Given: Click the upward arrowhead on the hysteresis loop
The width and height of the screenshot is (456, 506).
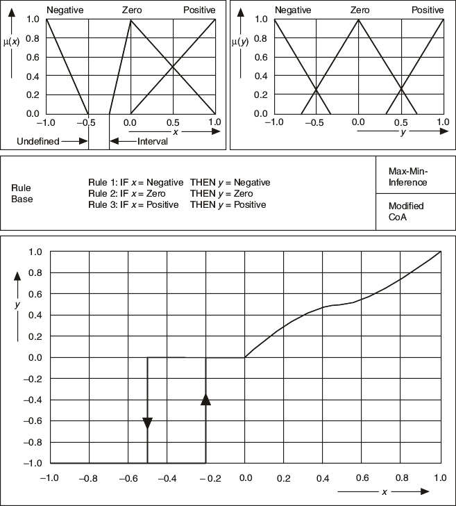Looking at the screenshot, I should [x=205, y=398].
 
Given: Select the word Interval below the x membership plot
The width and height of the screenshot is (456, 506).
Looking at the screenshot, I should [x=153, y=141].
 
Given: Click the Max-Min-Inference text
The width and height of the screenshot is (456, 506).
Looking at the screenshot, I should [x=408, y=177].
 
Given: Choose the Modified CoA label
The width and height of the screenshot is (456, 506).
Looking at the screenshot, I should [x=406, y=211].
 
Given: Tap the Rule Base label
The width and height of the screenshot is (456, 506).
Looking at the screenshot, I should [x=22, y=193].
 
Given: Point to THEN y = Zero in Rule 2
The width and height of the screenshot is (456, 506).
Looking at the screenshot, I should [x=221, y=194].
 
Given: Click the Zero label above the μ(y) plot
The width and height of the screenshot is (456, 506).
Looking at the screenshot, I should [x=360, y=10].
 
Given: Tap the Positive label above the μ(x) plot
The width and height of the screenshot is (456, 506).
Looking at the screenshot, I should [x=200, y=10].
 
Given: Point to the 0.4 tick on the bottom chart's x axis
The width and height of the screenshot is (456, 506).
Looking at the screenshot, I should [x=323, y=478].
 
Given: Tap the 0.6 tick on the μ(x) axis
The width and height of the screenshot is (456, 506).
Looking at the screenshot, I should [x=33, y=57].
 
